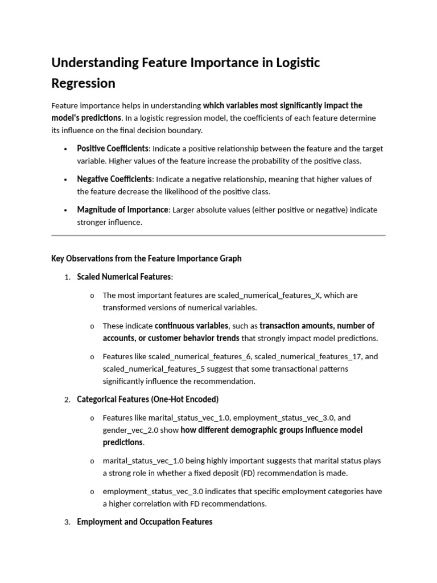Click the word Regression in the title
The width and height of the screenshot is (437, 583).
pyautogui.click(x=83, y=83)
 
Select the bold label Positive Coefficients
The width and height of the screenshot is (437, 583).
pyautogui.click(x=113, y=149)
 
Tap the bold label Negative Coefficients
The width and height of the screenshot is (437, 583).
pyautogui.click(x=114, y=179)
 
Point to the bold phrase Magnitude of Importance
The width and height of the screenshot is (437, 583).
pyautogui.click(x=123, y=210)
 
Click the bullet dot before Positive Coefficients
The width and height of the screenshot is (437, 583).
pyautogui.click(x=66, y=149)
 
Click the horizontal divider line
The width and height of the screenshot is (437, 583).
pyautogui.click(x=218, y=235)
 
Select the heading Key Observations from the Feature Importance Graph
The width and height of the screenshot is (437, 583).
pyautogui.click(x=146, y=258)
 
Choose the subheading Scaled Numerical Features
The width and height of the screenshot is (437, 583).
pyautogui.click(x=123, y=277)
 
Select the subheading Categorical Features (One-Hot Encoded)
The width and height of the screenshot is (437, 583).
pyautogui.click(x=147, y=400)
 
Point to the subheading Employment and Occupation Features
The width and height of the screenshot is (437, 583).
pyautogui.click(x=145, y=522)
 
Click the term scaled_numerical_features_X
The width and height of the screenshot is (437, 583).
pyautogui.click(x=269, y=295)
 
